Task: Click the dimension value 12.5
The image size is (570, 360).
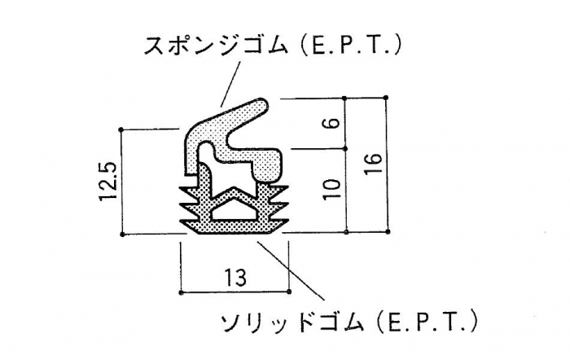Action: coord(108,180)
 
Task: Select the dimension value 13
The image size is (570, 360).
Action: coord(235,278)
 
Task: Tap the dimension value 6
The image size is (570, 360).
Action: coord(333,122)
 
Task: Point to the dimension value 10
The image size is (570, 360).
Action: coord(331,189)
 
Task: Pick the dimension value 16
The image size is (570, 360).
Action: coord(373,164)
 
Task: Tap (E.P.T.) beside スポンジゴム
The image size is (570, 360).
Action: coord(352,46)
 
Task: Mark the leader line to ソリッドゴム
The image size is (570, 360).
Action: coord(291,270)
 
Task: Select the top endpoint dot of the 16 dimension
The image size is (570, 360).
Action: coord(386,98)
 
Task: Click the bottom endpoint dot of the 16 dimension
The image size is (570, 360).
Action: coord(388,231)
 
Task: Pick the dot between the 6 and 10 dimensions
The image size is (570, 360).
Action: coord(345,149)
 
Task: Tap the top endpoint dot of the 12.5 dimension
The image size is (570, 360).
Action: coord(121,129)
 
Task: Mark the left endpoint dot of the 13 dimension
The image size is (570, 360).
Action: coord(181,292)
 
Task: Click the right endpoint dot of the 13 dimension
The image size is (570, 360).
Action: coord(289,292)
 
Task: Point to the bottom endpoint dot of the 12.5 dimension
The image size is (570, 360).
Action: coord(122,235)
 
